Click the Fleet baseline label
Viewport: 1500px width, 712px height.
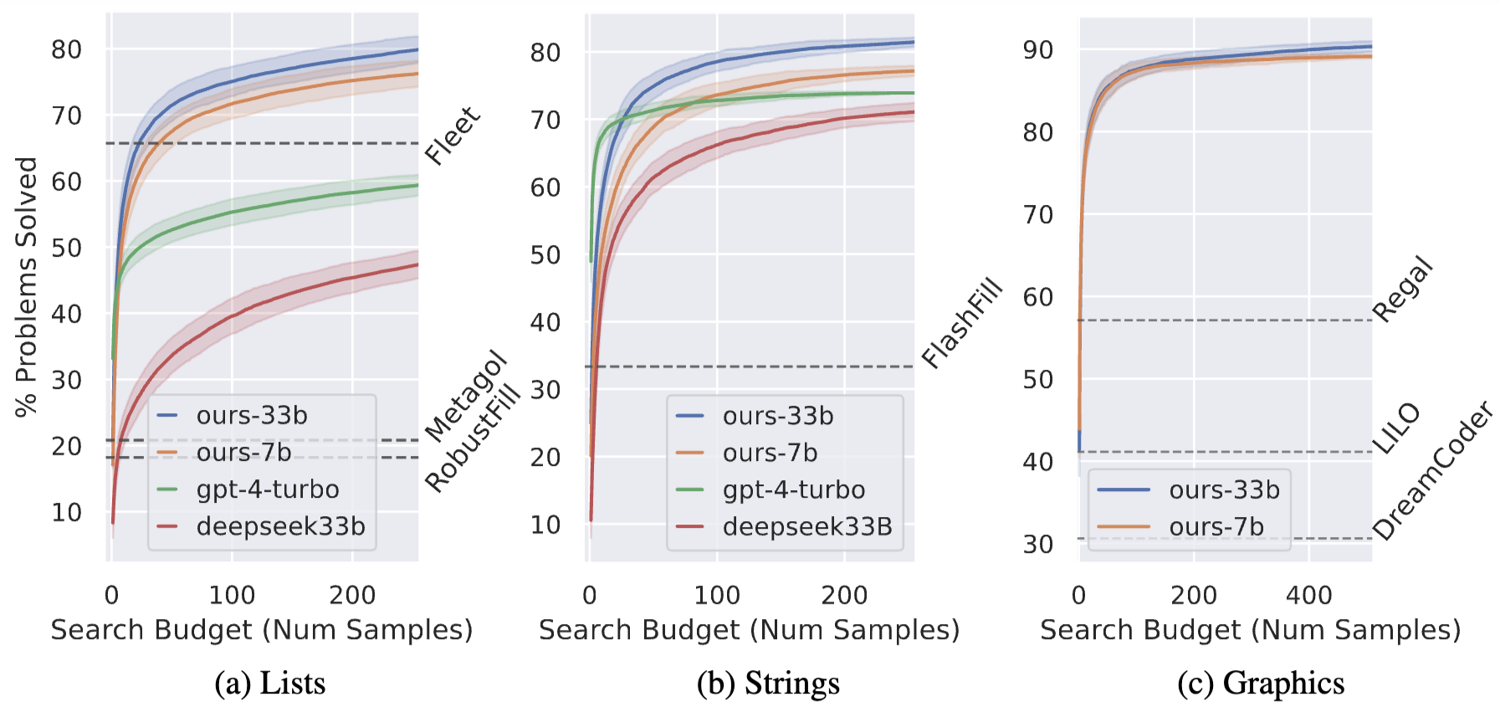point(453,136)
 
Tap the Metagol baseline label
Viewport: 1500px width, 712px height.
point(466,397)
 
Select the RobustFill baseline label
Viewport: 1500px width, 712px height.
point(473,440)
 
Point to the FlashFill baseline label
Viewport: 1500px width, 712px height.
point(962,322)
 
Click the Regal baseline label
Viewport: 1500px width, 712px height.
point(1403,289)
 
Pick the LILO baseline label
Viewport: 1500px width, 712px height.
point(1396,428)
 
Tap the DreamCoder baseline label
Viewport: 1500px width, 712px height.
point(1433,470)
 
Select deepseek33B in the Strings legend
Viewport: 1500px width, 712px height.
point(807,527)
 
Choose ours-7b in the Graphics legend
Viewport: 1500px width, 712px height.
point(1216,527)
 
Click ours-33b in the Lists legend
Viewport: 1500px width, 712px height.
point(252,416)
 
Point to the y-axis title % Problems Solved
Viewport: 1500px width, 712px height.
point(27,287)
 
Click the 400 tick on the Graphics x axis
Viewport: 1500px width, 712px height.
point(1309,595)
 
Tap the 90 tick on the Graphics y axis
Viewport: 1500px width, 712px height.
point(1037,50)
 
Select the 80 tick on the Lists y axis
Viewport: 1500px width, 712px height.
point(67,50)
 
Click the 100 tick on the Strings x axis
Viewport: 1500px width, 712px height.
point(717,595)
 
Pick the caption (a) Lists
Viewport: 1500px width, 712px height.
point(269,684)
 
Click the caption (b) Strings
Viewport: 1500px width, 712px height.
point(768,684)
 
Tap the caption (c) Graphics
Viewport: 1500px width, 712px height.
point(1261,684)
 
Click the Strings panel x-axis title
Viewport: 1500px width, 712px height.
point(749,630)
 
